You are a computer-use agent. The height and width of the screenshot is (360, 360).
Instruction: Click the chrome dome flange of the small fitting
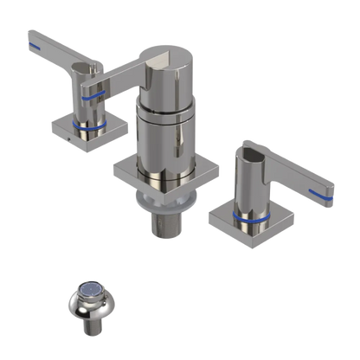click(x=87, y=305)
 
